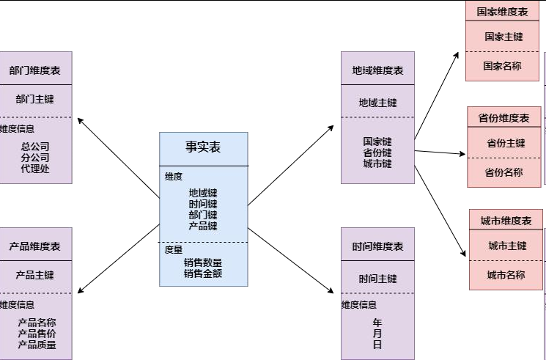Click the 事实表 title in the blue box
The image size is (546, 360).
tap(203, 147)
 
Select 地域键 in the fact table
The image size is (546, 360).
tap(203, 193)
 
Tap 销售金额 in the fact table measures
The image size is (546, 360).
tap(203, 273)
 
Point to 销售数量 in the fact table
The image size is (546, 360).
tap(203, 262)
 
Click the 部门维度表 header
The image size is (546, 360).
tap(35, 70)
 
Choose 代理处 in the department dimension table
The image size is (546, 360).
tap(35, 169)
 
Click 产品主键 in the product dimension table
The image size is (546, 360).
tap(35, 275)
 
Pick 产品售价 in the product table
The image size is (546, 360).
tap(37, 334)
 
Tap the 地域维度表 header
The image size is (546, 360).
tap(378, 70)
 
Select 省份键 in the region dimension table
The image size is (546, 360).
tap(377, 153)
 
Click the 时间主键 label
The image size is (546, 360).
tap(378, 279)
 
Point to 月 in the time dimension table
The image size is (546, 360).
tap(377, 334)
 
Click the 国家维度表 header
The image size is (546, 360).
tap(503, 12)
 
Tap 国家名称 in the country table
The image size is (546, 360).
tap(503, 66)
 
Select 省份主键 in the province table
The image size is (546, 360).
tap(506, 143)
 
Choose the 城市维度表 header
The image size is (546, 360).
tap(506, 221)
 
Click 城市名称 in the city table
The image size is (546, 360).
tap(506, 275)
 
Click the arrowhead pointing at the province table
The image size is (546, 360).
tap(462, 154)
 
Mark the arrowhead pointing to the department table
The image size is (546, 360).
tap(80, 120)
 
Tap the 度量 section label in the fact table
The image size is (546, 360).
tap(174, 250)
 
